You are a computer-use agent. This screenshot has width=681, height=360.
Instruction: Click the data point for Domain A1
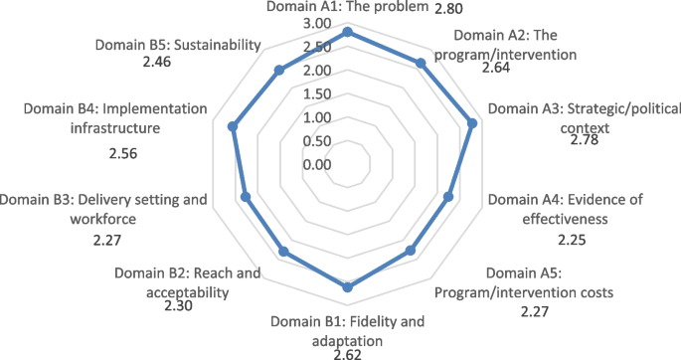(x=347, y=33)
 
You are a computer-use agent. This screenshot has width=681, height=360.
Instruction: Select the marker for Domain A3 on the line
(x=472, y=124)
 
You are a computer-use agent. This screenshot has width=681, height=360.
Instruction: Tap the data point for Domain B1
(x=347, y=287)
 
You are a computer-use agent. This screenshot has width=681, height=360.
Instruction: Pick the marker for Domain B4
(x=233, y=126)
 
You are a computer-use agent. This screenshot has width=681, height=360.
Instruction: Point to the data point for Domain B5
(x=279, y=70)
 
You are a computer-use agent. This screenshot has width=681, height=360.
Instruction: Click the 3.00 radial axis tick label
(x=318, y=23)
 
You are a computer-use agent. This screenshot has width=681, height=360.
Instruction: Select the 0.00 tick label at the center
(x=318, y=164)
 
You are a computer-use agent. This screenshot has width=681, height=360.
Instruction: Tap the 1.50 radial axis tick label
(x=318, y=94)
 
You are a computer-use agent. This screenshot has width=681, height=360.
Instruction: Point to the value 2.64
(x=495, y=69)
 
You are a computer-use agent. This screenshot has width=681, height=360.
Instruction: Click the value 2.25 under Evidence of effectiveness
(x=572, y=240)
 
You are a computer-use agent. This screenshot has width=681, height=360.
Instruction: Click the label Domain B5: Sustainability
(x=179, y=45)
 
